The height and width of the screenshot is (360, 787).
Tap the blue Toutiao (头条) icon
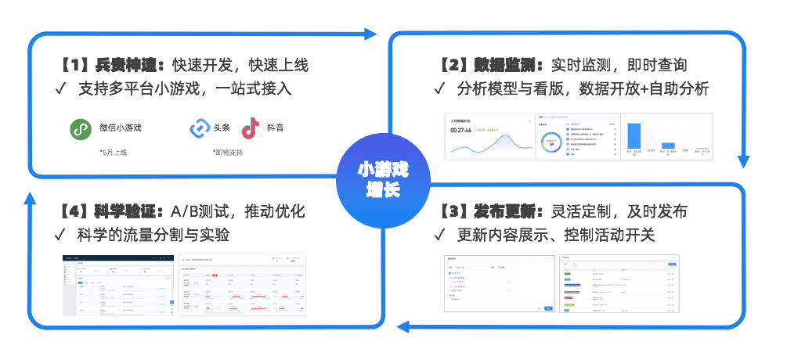click(x=199, y=128)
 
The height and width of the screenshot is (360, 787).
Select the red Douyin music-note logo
click(x=250, y=128)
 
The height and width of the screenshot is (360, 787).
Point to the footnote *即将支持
click(x=227, y=152)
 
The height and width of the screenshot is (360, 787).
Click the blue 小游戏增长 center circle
click(x=383, y=180)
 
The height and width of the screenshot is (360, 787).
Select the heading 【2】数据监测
click(x=489, y=65)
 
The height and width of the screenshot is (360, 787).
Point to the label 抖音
click(x=275, y=128)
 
